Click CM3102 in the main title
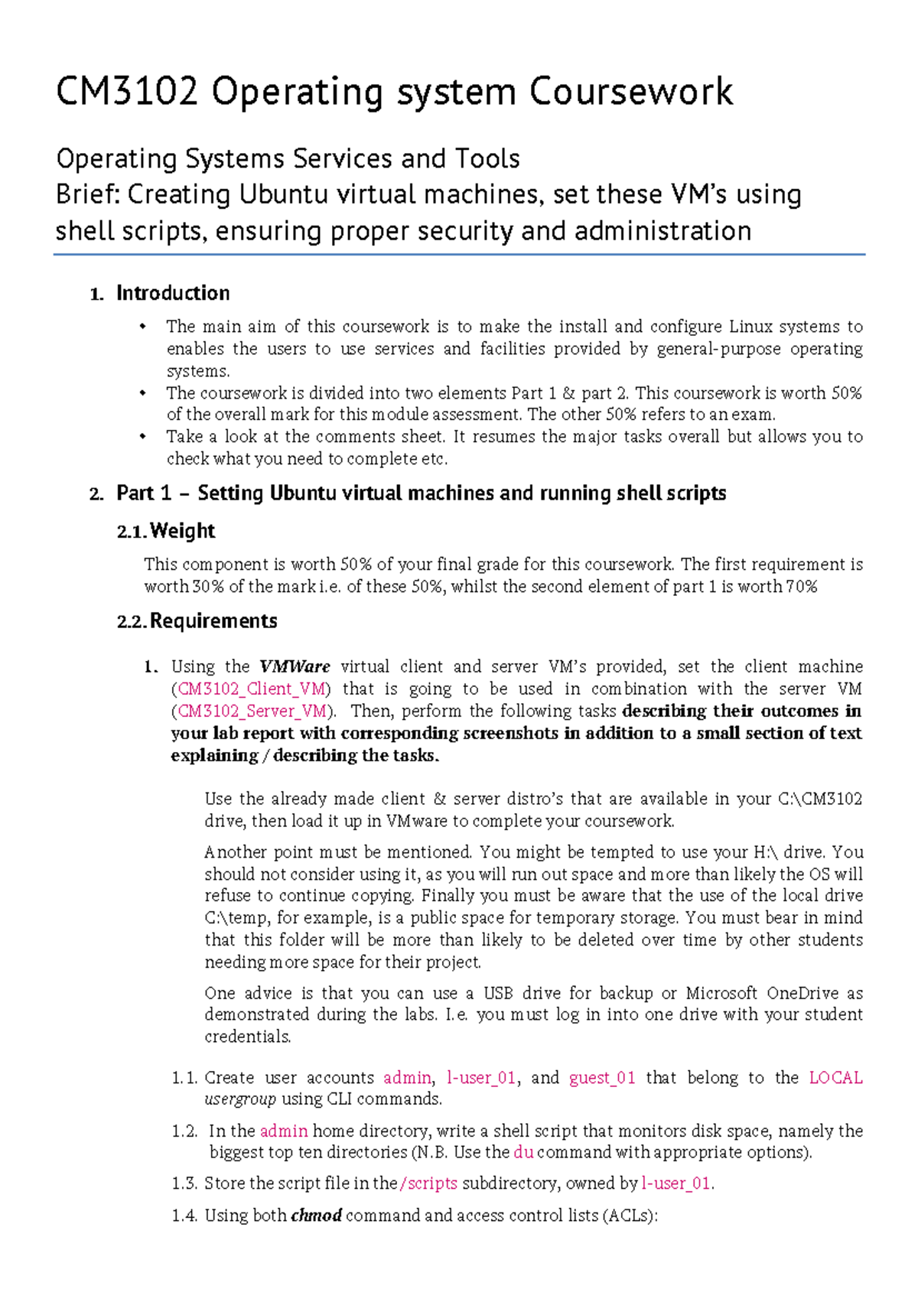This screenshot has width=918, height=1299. click(127, 93)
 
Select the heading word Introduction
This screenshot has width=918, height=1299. click(173, 294)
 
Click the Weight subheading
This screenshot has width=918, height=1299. click(182, 531)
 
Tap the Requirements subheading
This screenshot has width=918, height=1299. click(213, 621)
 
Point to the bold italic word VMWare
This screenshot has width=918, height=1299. click(295, 666)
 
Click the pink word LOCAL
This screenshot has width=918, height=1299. click(835, 1078)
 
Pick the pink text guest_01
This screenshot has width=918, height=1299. click(602, 1078)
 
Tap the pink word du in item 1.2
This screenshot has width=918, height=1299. click(523, 1152)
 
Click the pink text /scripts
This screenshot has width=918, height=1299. click(428, 1183)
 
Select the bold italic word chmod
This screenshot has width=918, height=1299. click(316, 1216)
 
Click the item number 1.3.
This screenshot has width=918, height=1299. click(184, 1183)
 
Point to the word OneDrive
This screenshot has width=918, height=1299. click(802, 993)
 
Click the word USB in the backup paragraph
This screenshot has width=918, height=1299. click(498, 993)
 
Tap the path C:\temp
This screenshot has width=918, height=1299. click(237, 918)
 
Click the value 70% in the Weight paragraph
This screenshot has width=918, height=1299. click(801, 587)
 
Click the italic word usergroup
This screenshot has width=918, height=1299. click(240, 1099)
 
